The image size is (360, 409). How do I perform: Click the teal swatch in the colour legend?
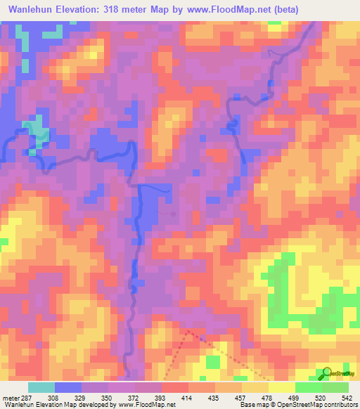tap(41, 387)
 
